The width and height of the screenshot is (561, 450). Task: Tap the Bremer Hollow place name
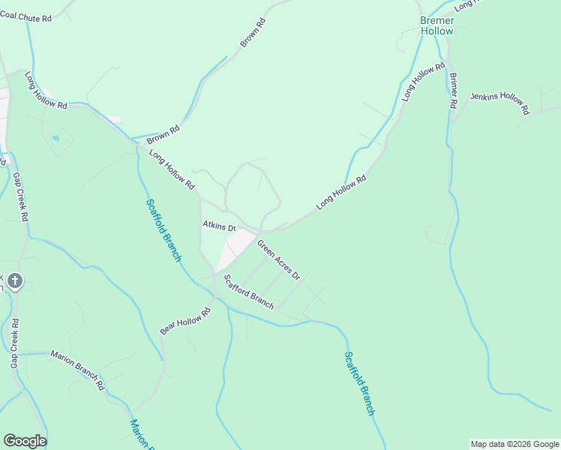(x=436, y=26)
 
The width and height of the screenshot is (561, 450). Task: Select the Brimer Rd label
(x=453, y=91)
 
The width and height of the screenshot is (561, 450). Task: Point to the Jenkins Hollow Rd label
(x=499, y=103)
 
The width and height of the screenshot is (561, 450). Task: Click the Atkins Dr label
(x=219, y=225)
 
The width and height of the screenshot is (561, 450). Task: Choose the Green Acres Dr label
(x=278, y=259)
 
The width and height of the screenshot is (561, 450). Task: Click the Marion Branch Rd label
(x=77, y=370)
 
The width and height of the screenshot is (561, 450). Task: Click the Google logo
(x=25, y=441)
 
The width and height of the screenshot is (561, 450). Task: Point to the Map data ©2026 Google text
(x=514, y=444)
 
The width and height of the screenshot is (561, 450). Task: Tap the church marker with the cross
(x=15, y=281)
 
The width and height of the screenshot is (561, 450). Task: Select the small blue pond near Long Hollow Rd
(x=55, y=138)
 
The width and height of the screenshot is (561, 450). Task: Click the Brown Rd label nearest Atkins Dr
(x=163, y=134)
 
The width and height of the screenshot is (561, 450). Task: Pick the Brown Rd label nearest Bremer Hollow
(x=253, y=34)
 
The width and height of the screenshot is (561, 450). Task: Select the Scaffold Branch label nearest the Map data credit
(x=359, y=382)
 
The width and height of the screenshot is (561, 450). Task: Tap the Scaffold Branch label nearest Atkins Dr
(x=163, y=230)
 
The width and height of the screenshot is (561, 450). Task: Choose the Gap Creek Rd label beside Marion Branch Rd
(x=14, y=342)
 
